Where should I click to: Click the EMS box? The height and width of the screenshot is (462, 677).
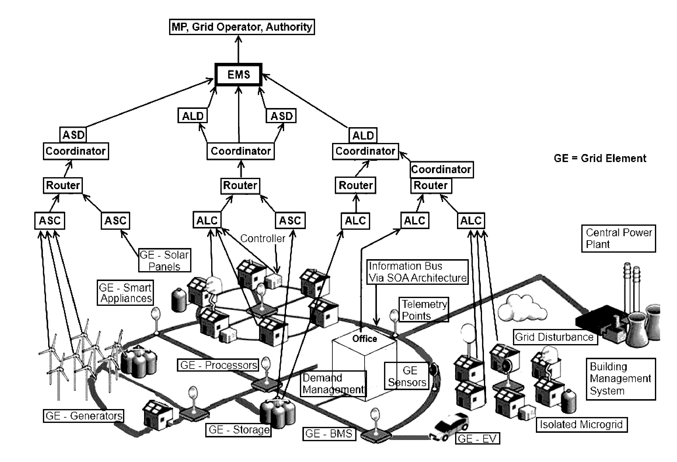238,75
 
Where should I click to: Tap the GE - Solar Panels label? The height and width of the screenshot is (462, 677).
165,260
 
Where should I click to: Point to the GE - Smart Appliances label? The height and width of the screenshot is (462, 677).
125,293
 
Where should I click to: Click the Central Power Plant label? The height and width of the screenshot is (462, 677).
619,238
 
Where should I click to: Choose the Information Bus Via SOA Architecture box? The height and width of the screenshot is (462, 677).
417,272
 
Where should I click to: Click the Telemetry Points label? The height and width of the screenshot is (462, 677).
424,310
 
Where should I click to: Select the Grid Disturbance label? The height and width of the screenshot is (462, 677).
555,337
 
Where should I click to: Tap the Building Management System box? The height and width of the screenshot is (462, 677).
621,379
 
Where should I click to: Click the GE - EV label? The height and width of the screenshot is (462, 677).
477,438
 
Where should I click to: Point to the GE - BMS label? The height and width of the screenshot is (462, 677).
329,434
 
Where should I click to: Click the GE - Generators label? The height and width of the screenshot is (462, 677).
83,416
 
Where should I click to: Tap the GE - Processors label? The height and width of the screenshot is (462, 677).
218,365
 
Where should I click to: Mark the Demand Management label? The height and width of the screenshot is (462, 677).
334,384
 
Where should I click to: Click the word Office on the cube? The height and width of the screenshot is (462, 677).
364,339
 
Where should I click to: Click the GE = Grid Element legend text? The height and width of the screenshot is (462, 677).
600,158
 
